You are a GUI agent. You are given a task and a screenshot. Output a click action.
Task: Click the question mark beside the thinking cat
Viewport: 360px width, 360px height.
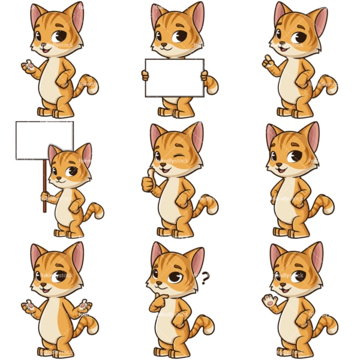tap(205, 277)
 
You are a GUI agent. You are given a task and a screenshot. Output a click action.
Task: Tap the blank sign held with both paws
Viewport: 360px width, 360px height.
tap(174, 78)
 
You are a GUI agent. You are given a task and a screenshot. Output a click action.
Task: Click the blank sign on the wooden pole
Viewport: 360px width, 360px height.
tap(44, 140)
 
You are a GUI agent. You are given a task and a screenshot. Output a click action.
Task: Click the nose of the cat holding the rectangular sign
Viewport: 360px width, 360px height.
tap(162, 44)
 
